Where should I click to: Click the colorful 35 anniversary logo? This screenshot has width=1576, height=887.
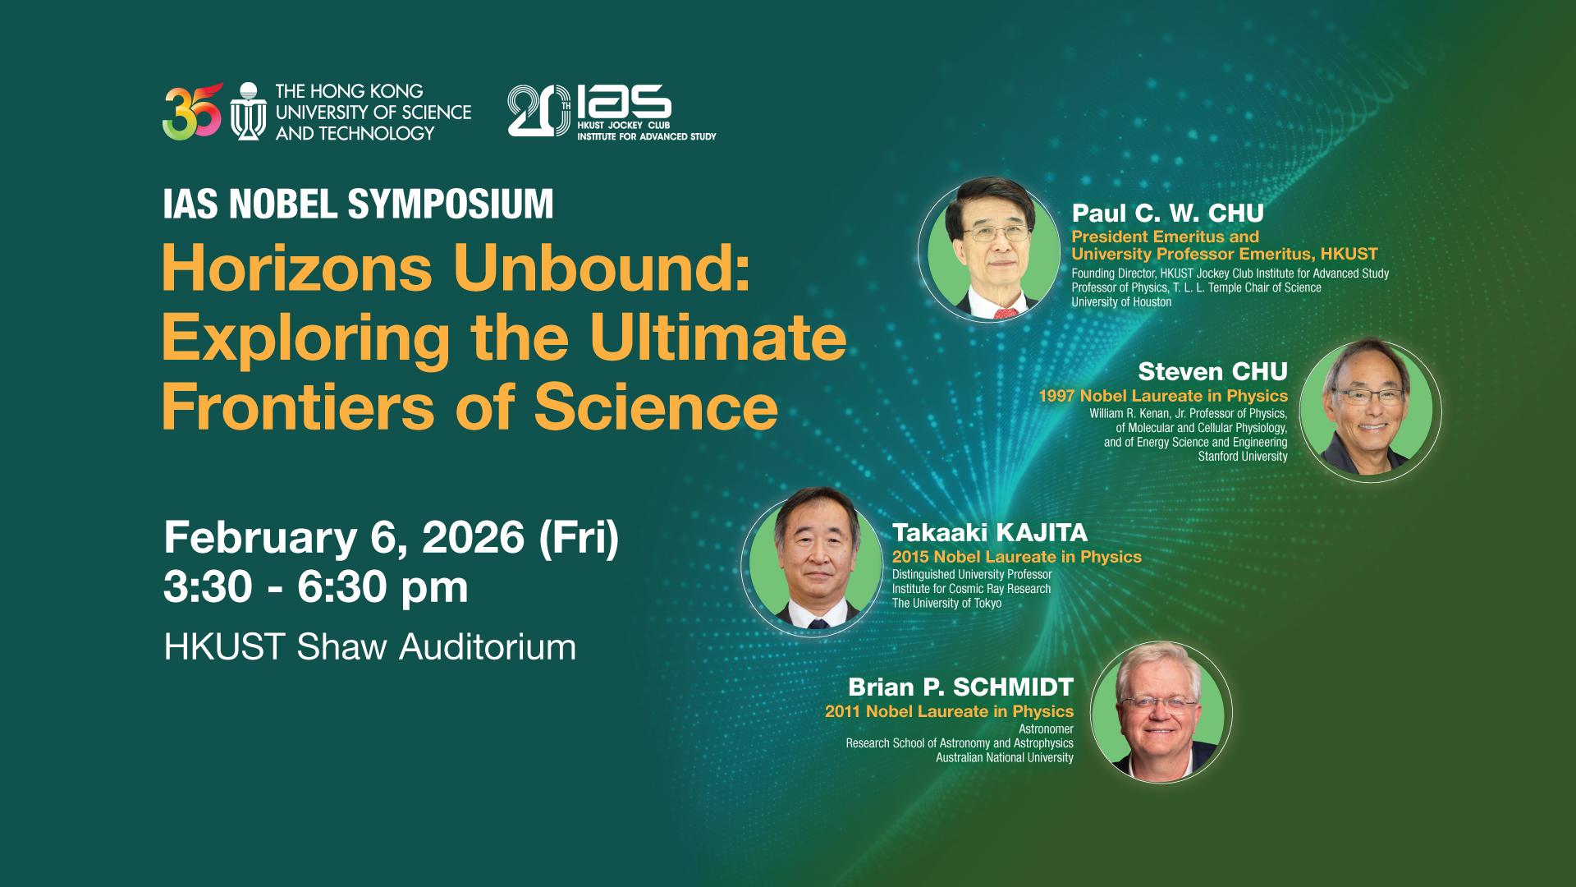pyautogui.click(x=192, y=112)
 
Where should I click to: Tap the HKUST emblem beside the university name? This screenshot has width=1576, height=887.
pyautogui.click(x=248, y=112)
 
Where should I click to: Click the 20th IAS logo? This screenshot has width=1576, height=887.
pyautogui.click(x=612, y=111)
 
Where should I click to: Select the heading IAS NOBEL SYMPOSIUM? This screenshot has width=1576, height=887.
pyautogui.click(x=358, y=204)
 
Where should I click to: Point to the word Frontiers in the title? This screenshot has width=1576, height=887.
pyautogui.click(x=298, y=407)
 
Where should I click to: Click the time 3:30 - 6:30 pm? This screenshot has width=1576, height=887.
pyautogui.click(x=316, y=586)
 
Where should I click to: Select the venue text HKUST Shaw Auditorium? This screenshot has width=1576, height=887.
pyautogui.click(x=369, y=647)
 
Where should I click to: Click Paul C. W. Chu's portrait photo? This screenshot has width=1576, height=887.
pyautogui.click(x=989, y=249)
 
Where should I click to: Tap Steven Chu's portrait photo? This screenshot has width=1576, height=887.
pyautogui.click(x=1370, y=409)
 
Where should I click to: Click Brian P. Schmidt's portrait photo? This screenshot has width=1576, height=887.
pyautogui.click(x=1161, y=712)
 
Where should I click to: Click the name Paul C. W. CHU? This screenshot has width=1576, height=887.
pyautogui.click(x=1167, y=214)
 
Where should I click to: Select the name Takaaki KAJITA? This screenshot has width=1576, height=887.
pyautogui.click(x=990, y=532)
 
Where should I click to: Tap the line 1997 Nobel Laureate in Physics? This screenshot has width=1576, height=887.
pyautogui.click(x=1163, y=396)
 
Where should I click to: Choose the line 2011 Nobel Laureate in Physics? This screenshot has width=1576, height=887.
pyautogui.click(x=949, y=711)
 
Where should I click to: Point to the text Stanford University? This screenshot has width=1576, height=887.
pyautogui.click(x=1243, y=457)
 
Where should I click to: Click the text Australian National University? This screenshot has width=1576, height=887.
pyautogui.click(x=1005, y=758)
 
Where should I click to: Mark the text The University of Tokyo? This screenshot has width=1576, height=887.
pyautogui.click(x=946, y=603)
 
